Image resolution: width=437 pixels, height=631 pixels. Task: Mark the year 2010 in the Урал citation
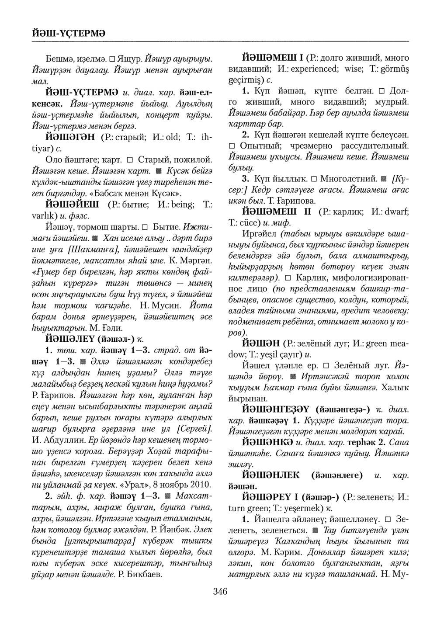pyautogui.click(x=201, y=484)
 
